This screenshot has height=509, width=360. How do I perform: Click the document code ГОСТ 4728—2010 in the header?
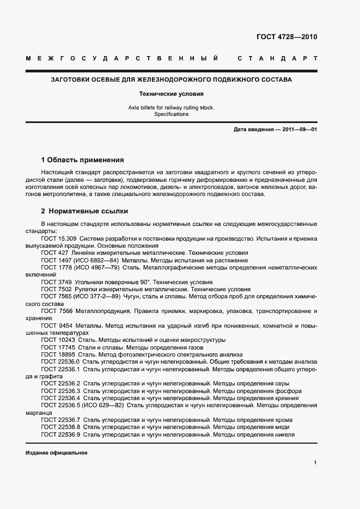pos(286,37)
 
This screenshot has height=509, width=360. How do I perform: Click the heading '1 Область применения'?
pos(82,160)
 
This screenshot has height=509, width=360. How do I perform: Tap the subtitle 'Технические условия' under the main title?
pos(172,94)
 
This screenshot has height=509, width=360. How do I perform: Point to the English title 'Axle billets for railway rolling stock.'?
pos(172,108)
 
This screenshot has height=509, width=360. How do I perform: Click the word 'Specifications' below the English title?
pos(172,114)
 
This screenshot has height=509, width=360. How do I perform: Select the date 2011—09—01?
pos(298,130)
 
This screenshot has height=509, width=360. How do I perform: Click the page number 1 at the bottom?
pos(315,462)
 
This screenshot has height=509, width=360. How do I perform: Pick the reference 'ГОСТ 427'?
pos(54,253)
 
